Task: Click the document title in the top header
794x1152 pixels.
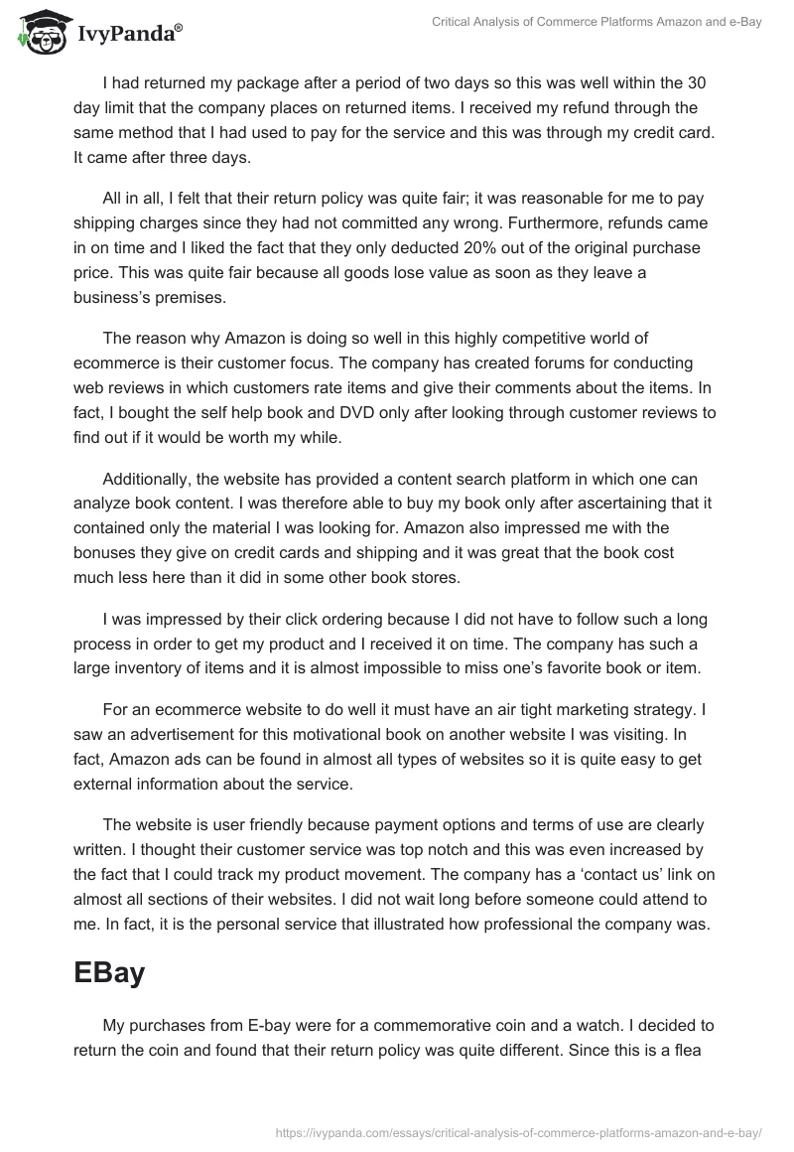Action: point(596,22)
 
